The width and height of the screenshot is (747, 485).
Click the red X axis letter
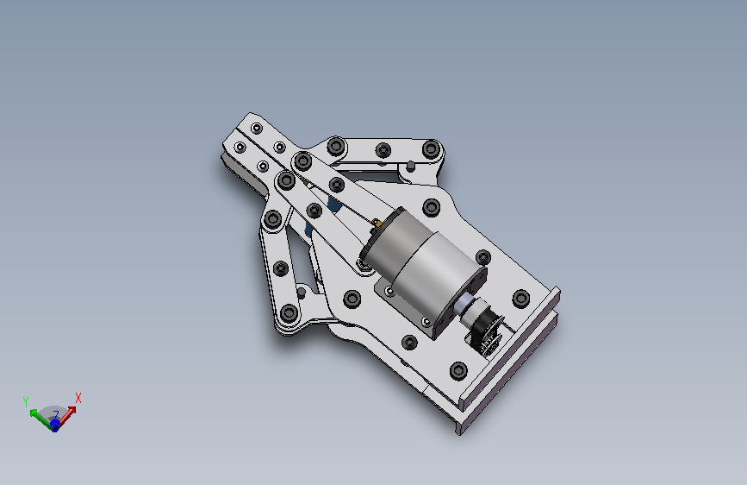78,398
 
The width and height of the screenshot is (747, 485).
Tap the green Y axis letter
26,401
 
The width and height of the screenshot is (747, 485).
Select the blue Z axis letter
56,415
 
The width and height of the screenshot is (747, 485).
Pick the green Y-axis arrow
41,418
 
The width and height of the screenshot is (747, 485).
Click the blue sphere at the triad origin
55,425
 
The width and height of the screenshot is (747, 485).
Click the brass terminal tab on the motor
376,223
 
